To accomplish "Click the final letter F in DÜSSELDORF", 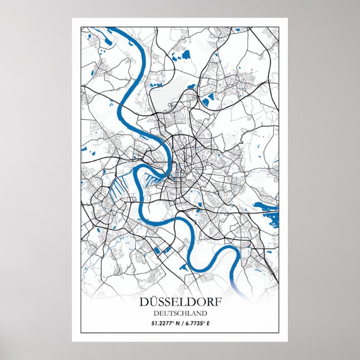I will click(x=216, y=302).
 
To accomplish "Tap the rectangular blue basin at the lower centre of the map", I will click(x=160, y=249).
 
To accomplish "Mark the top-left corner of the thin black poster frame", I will click(x=80, y=26).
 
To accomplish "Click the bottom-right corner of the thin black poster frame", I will click(x=279, y=333).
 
